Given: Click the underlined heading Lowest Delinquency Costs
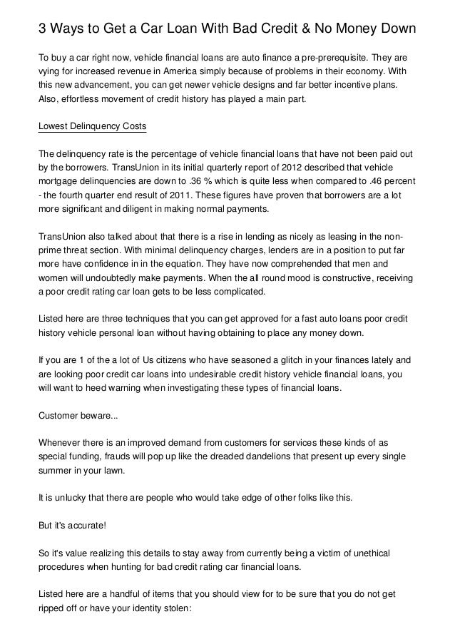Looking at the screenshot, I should click(92, 126).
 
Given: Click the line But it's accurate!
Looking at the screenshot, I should click(72, 526).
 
